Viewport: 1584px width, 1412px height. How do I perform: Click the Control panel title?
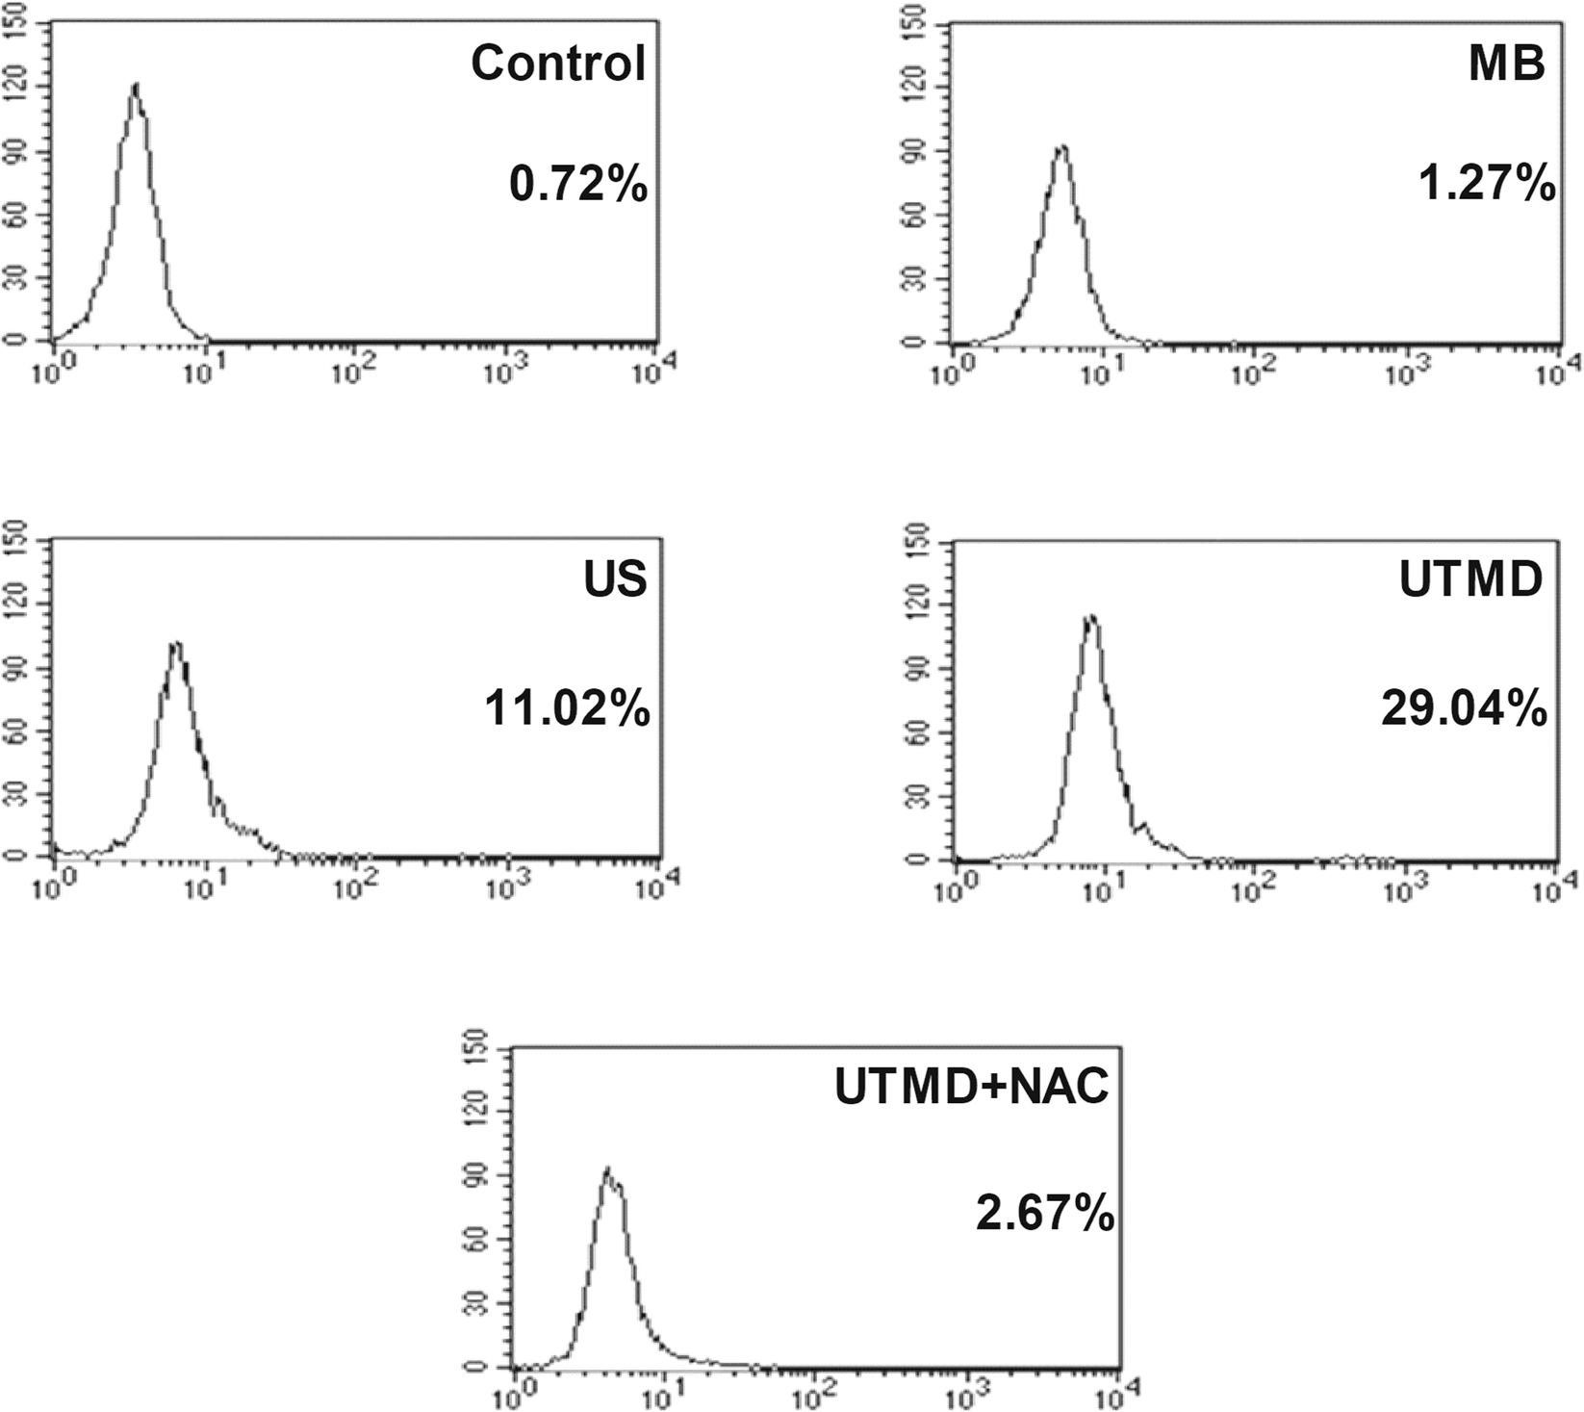[558, 63]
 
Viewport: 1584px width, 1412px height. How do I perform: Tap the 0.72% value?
[578, 183]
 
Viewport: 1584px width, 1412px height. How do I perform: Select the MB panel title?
[1507, 63]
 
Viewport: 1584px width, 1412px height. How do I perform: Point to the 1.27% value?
[1487, 183]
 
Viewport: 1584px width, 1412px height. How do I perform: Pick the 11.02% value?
[567, 709]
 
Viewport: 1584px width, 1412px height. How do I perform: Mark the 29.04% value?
[1465, 709]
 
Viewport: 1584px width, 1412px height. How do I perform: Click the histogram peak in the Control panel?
[137, 85]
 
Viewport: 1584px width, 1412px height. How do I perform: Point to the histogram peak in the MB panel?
[1061, 146]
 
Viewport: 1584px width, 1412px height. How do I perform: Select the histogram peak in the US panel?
[175, 643]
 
